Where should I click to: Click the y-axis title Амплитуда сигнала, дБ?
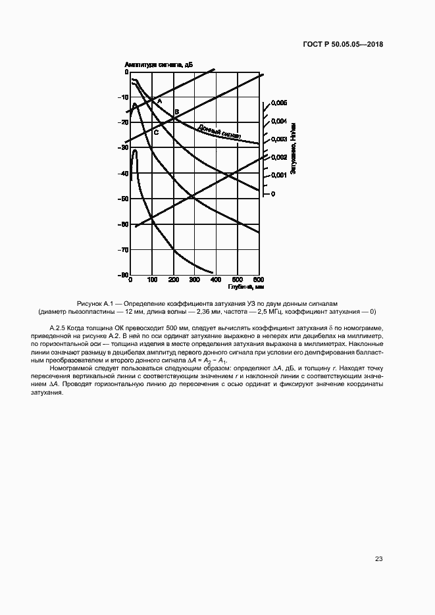158,64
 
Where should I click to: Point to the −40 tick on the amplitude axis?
123,174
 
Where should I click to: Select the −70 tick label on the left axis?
123,250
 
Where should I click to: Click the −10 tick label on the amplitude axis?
123,97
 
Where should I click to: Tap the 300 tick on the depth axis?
194,281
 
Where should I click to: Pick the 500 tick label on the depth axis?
236,281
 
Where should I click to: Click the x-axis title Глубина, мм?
246,287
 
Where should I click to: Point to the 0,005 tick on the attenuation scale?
279,104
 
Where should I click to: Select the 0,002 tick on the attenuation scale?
279,158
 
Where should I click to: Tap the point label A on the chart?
159,101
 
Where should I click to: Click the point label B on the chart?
176,112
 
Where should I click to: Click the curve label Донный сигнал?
218,132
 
